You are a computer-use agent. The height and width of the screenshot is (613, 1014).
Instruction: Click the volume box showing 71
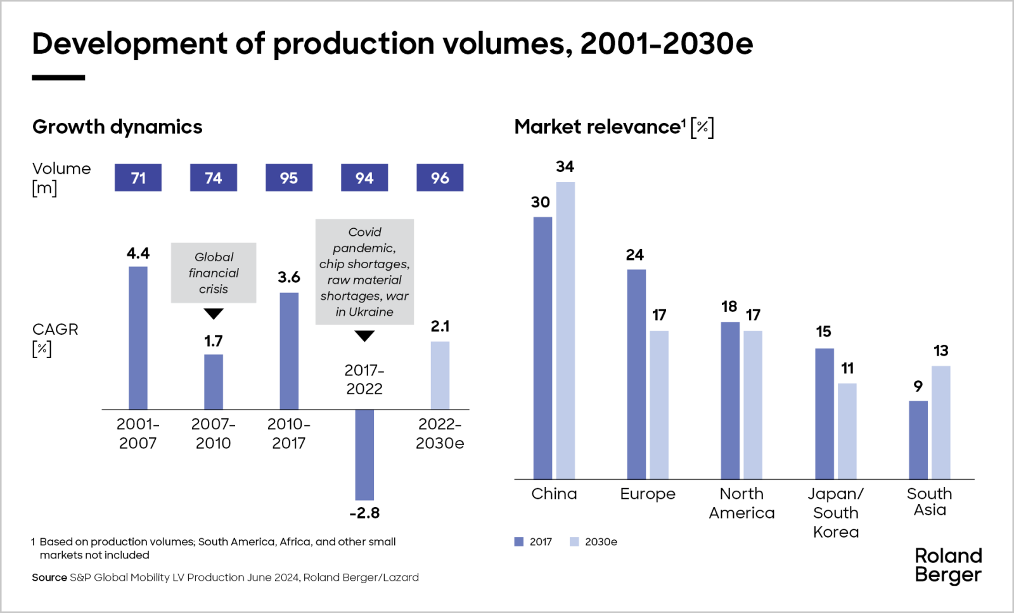click(138, 177)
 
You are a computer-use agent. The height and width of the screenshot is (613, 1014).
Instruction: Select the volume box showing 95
click(289, 177)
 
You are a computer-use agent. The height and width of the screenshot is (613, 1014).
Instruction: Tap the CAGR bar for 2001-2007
click(138, 338)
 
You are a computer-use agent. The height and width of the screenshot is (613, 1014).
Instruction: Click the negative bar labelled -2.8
click(364, 455)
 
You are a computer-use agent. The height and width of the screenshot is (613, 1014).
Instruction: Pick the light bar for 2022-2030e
click(440, 375)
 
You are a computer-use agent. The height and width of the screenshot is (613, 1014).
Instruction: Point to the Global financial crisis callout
click(214, 273)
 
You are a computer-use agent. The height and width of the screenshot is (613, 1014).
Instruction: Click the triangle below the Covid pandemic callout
click(364, 336)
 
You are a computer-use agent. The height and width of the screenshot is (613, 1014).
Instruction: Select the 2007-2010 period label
click(214, 434)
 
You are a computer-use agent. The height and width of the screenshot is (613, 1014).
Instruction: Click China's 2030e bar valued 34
click(565, 330)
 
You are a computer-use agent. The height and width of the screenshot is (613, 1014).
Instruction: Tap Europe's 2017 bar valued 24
click(636, 374)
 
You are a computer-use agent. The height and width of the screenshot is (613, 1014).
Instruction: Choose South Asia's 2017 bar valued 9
click(918, 439)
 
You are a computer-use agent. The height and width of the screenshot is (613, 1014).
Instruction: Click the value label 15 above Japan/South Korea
click(823, 332)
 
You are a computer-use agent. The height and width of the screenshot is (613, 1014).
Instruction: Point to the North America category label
click(741, 503)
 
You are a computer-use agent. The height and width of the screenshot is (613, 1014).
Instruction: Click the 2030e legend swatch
click(574, 542)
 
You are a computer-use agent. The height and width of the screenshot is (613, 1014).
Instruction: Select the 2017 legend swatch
click(519, 542)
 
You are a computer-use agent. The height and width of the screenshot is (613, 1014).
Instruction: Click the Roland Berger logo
click(947, 565)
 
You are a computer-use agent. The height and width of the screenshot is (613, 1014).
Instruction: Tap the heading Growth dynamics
click(117, 127)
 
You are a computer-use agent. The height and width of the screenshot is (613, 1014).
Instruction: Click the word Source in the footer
click(49, 578)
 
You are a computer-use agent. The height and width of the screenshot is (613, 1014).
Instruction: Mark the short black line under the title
click(58, 77)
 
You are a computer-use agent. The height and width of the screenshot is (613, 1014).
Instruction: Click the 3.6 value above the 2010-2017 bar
click(289, 277)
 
